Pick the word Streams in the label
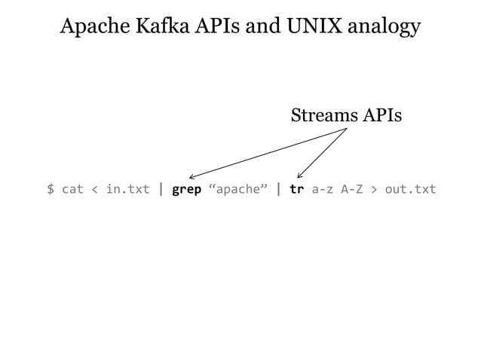click(323, 116)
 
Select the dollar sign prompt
click(51, 189)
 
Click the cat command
click(72, 189)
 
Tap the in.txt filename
click(127, 189)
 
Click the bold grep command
click(186, 190)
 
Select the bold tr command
click(297, 189)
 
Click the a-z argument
click(323, 189)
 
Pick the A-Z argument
click(352, 189)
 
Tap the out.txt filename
click(411, 189)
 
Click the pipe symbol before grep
click(161, 189)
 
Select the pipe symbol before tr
click(279, 189)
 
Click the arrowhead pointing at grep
click(192, 176)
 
